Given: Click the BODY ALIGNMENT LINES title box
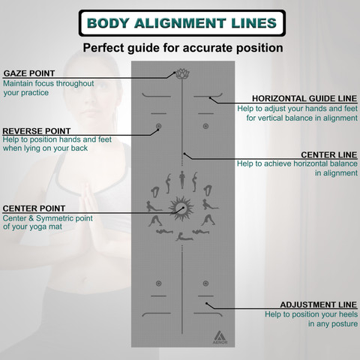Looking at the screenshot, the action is pyautogui.click(x=182, y=23).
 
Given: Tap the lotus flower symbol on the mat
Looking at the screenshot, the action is pyautogui.click(x=182, y=74).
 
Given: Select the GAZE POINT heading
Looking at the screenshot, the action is pyautogui.click(x=29, y=73).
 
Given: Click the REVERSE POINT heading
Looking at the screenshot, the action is pyautogui.click(x=37, y=131).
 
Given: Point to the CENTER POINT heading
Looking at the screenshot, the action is pyautogui.click(x=34, y=208).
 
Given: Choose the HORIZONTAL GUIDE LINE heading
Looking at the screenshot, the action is pyautogui.click(x=304, y=98).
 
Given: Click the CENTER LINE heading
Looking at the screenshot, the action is pyautogui.click(x=329, y=154).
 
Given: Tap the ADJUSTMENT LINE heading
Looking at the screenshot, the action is pyautogui.click(x=319, y=304).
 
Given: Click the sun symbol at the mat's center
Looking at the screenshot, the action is pyautogui.click(x=181, y=208).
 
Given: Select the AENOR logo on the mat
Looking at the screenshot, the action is pyautogui.click(x=220, y=337).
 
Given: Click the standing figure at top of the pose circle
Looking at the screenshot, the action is pyautogui.click(x=182, y=180).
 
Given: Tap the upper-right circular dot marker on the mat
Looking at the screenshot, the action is pyautogui.click(x=205, y=126).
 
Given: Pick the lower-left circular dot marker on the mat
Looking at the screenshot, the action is pyautogui.click(x=158, y=283).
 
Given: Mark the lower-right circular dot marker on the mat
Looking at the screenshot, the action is pyautogui.click(x=205, y=283).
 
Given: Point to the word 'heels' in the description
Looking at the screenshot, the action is pyautogui.click(x=348, y=314).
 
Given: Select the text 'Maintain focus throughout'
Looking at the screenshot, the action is pyautogui.click(x=49, y=83).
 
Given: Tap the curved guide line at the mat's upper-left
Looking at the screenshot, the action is pyautogui.click(x=156, y=95).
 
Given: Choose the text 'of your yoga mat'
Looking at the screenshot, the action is pyautogui.click(x=32, y=227).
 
